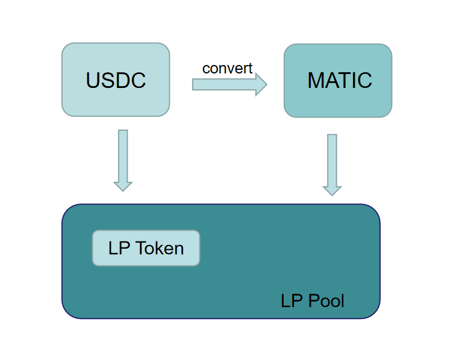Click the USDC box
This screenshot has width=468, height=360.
(x=116, y=79)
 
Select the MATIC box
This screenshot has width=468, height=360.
(x=338, y=81)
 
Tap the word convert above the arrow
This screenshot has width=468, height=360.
(x=227, y=69)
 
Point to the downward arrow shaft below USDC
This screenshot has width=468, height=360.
(x=123, y=154)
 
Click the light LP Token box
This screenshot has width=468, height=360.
(x=146, y=248)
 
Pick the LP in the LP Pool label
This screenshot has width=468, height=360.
(x=290, y=300)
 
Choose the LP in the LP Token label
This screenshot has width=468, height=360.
(x=117, y=248)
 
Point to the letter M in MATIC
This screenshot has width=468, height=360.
(x=316, y=81)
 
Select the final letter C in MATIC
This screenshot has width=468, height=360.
(x=364, y=81)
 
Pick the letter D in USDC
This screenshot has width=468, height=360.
(x=123, y=81)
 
